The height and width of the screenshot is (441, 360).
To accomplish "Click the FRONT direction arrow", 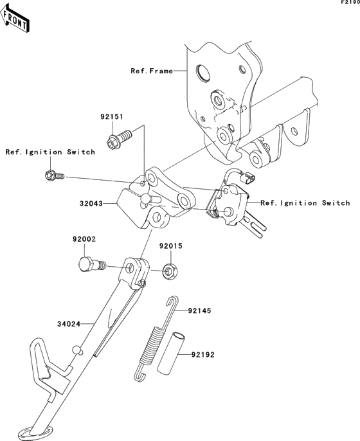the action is point(15,17).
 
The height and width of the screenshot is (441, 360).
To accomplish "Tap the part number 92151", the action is point(112,116).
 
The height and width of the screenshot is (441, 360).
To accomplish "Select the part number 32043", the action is point(91,203).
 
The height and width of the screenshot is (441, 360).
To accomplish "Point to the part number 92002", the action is point(84,239).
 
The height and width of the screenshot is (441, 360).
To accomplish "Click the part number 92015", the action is point(171,246).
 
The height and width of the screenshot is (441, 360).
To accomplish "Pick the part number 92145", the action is point(199,310).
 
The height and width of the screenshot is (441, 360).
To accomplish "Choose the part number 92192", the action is point(203,355).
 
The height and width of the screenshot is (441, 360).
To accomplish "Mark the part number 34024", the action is point(69,324).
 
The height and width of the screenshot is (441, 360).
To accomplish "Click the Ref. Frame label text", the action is point(152,71).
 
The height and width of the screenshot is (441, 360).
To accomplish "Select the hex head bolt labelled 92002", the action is point(91,264).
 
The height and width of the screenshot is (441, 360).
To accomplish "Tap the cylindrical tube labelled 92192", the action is point(171,354).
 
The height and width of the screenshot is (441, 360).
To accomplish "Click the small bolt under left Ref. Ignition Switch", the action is point(54,175).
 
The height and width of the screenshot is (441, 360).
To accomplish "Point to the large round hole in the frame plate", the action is point(203,73).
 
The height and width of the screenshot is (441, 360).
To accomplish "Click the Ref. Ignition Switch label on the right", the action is point(305,203).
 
